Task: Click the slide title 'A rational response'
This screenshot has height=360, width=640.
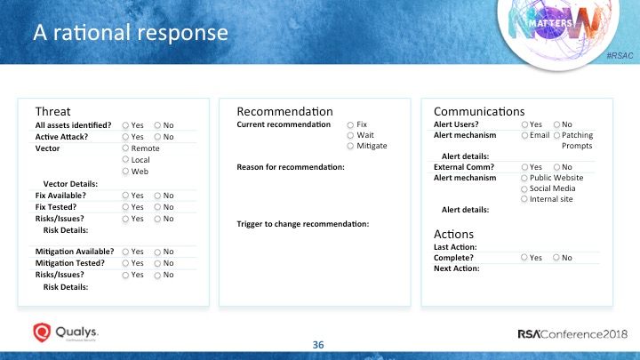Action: (x=130, y=33)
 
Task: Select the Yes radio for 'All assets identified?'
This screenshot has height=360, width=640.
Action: (x=125, y=125)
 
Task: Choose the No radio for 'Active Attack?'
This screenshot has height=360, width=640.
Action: (x=157, y=137)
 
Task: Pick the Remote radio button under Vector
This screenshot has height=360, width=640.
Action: (x=125, y=148)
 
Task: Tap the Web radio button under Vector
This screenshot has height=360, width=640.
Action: (x=125, y=172)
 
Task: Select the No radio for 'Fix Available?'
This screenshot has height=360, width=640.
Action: (x=157, y=196)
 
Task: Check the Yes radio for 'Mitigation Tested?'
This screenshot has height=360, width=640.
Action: (x=125, y=263)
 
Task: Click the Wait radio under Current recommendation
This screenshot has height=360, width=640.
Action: (x=350, y=135)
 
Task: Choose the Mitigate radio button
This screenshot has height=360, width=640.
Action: (x=350, y=146)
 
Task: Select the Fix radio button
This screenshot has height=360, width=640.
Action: (x=350, y=124)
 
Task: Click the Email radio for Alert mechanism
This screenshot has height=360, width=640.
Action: (x=524, y=135)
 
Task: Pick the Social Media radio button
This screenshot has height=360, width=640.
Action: (x=524, y=188)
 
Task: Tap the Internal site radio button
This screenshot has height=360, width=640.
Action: (x=524, y=199)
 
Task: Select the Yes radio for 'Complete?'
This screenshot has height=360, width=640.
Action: (x=524, y=257)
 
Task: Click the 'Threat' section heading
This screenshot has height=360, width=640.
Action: (x=52, y=111)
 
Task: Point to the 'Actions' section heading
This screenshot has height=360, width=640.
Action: (x=453, y=235)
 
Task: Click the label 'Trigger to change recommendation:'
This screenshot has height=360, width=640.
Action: (x=303, y=224)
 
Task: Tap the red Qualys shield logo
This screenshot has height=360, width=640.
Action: (x=42, y=332)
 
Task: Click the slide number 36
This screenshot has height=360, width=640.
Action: (x=318, y=345)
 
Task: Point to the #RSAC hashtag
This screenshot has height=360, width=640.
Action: (x=620, y=55)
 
